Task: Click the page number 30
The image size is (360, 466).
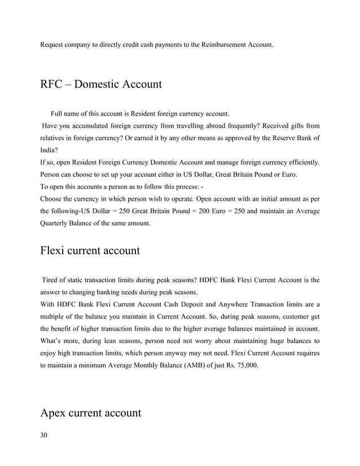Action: pyautogui.click(x=43, y=435)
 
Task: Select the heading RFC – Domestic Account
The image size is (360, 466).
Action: pyautogui.click(x=101, y=85)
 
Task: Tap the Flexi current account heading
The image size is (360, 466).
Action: pyautogui.click(x=90, y=250)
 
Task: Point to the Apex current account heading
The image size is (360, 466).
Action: pyautogui.click(x=90, y=413)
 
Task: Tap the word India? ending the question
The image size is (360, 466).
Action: pyautogui.click(x=49, y=151)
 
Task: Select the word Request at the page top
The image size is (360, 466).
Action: pyautogui.click(x=53, y=43)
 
